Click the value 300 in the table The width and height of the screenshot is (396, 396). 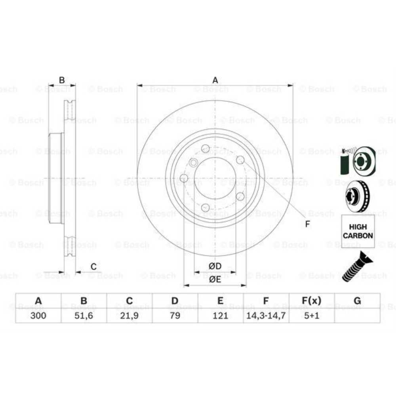tap(38, 316)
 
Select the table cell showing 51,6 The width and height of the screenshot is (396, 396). tap(84, 316)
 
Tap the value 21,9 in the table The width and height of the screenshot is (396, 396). tap(129, 316)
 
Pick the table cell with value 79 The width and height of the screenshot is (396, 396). tap(175, 316)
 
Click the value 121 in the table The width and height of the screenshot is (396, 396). tap(220, 316)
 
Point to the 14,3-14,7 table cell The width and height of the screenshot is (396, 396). tap(266, 316)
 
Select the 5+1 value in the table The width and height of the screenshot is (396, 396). tap(311, 316)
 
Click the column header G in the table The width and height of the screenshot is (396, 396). tap(357, 301)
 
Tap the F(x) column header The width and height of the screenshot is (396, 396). tap(311, 301)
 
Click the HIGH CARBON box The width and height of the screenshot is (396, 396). tap(358, 231)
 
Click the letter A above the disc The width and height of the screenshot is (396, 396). tap(215, 80)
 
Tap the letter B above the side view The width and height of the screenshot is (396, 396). tap(62, 80)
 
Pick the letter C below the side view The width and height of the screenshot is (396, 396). tap(93, 267)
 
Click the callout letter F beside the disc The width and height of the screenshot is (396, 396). tap(307, 224)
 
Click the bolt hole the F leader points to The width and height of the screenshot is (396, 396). tap(240, 160)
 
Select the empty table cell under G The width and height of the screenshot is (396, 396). tap(357, 316)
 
